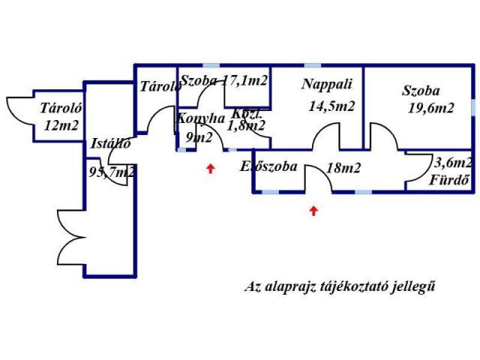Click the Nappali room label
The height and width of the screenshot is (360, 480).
click(322, 84)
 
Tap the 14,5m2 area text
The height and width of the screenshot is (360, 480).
click(331, 106)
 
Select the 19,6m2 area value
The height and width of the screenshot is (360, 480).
click(430, 107)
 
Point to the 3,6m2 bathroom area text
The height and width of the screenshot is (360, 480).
click(453, 162)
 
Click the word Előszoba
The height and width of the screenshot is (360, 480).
click(268, 166)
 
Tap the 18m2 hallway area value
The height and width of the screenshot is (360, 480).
click(343, 168)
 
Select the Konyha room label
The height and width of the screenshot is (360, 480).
click(201, 118)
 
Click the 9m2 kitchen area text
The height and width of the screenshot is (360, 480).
click(199, 136)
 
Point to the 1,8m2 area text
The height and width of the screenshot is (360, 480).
click(247, 126)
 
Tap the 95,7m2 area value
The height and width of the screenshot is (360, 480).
click(112, 172)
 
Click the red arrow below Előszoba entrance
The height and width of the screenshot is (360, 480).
click(313, 211)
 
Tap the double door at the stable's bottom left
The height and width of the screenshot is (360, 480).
click(71, 234)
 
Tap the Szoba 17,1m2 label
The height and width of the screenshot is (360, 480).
click(225, 79)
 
